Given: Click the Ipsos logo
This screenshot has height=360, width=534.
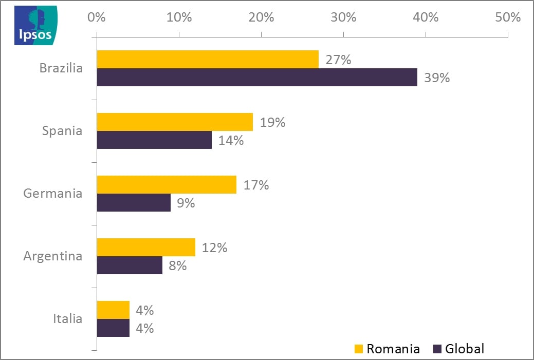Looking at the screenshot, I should pos(35,25).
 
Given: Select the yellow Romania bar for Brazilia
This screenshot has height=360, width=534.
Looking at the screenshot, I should pos(208,60).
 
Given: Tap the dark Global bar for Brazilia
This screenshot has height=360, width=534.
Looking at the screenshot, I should pos(257,78).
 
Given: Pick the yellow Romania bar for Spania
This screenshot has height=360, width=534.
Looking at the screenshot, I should pos(175,122).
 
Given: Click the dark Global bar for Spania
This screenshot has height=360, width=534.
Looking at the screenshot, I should pos(154,140).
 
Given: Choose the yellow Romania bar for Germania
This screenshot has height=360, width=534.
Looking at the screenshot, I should pos(167,185).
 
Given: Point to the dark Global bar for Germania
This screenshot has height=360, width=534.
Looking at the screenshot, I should pos(134,203).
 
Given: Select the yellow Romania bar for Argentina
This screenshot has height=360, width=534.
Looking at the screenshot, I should pos(146,248).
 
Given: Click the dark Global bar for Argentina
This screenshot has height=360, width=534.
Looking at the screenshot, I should pos(130,266).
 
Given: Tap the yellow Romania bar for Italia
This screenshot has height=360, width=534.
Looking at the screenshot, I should pos(113,310).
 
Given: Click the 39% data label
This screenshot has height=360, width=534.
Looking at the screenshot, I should pos(437,78).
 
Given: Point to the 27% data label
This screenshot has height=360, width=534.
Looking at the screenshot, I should pos(338,60).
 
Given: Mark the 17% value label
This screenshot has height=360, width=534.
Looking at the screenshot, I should pos(256,185).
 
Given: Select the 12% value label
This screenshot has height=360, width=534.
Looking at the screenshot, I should pos(215,248).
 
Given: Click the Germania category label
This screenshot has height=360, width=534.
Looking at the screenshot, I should pos(53,194).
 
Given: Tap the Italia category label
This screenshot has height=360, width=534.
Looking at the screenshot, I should pos(67,319).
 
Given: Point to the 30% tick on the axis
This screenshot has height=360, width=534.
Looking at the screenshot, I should pos(343,17).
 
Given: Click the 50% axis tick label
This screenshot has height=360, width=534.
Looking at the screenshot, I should pos(508,17).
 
